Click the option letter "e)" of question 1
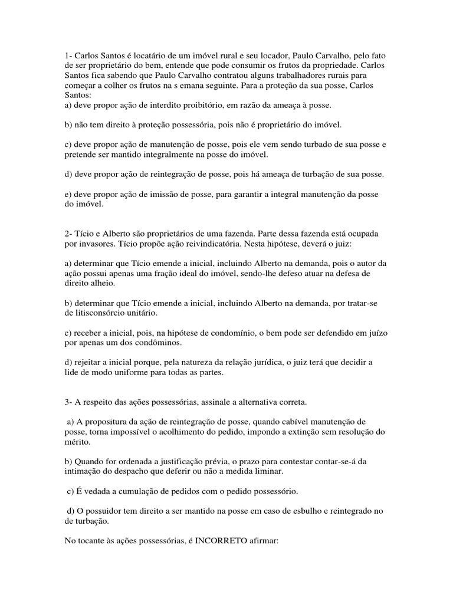(x=68, y=195)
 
